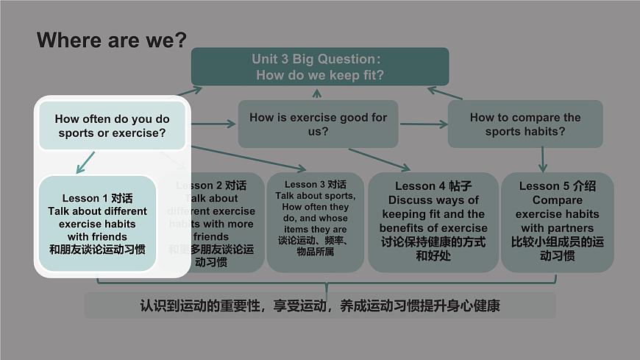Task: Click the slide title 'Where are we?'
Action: click(112, 40)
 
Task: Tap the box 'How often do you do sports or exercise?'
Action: click(112, 126)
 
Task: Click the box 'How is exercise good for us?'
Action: click(318, 124)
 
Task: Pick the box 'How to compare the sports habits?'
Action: click(525, 124)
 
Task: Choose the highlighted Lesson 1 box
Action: click(97, 223)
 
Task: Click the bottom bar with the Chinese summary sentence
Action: click(319, 306)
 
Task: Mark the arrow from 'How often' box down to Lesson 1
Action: click(86, 162)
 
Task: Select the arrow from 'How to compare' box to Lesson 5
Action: click(543, 159)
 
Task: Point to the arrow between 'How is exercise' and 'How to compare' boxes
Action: click(423, 124)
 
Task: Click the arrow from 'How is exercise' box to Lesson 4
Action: click(379, 160)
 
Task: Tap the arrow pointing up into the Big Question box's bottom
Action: click(317, 93)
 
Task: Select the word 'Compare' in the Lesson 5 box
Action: click(557, 200)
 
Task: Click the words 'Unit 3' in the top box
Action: click(270, 59)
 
